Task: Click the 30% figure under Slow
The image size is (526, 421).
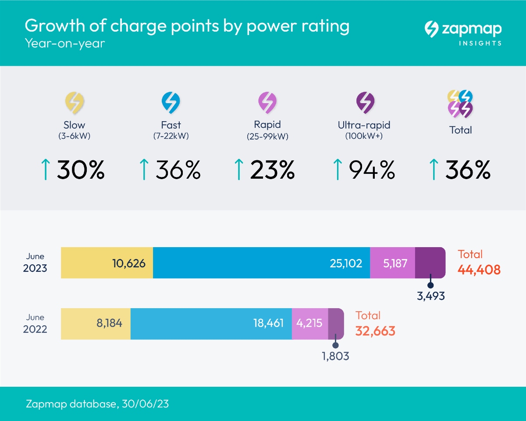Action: (x=81, y=170)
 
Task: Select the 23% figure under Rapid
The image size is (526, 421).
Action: (x=272, y=170)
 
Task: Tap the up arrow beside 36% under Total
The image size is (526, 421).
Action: (x=434, y=170)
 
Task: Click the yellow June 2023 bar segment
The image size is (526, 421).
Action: (x=107, y=263)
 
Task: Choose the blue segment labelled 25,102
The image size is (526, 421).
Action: (x=261, y=263)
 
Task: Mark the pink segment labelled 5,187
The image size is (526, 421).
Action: (x=392, y=263)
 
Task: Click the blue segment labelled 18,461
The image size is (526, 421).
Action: (x=211, y=324)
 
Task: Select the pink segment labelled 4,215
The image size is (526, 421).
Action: (x=309, y=324)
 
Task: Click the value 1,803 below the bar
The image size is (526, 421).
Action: (x=335, y=356)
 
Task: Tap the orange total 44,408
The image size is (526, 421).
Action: (x=479, y=270)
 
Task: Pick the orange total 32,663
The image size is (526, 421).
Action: (x=375, y=331)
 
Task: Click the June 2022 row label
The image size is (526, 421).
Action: (x=35, y=323)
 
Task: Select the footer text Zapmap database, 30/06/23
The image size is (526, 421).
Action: (x=96, y=404)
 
